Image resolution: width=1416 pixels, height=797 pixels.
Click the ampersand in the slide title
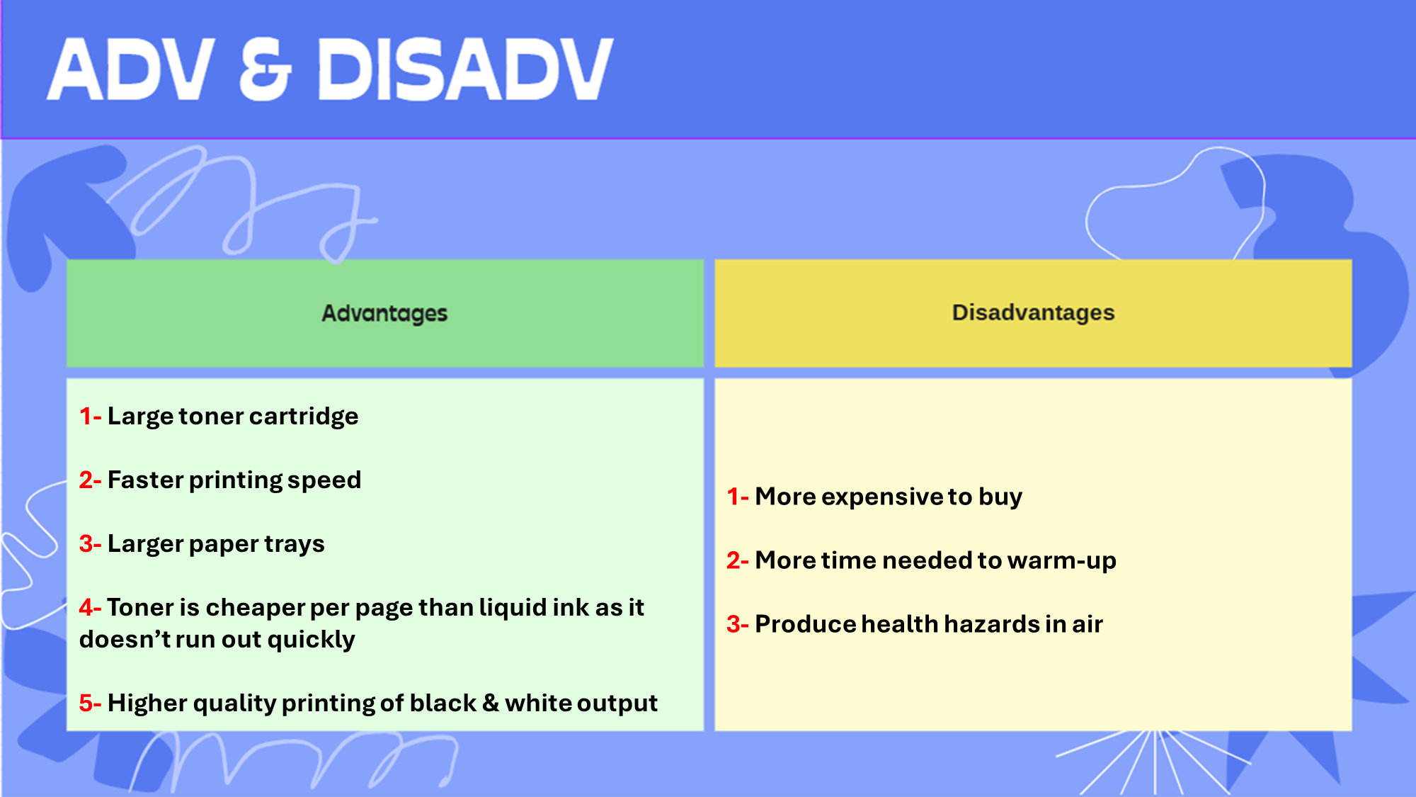(x=265, y=69)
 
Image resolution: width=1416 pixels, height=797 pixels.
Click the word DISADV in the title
(x=465, y=69)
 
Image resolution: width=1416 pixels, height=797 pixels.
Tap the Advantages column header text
(x=384, y=313)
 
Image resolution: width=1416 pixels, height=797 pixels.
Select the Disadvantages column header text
(x=1033, y=312)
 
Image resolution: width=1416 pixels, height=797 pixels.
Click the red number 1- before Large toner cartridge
(x=90, y=417)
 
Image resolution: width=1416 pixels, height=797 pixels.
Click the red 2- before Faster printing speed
(x=90, y=480)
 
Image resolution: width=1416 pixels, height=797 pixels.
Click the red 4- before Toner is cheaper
(x=90, y=608)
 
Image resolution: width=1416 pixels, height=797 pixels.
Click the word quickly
(x=311, y=640)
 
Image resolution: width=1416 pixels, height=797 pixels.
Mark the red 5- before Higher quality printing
(x=90, y=703)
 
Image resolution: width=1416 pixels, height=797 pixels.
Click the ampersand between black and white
(x=491, y=703)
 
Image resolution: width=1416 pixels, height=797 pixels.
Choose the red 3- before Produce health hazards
(x=737, y=625)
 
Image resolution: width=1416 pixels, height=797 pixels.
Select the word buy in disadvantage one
(x=1000, y=497)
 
